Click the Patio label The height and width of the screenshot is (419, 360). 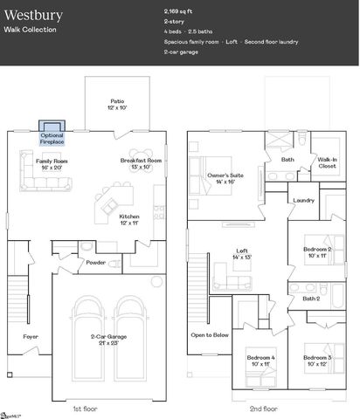[117, 105]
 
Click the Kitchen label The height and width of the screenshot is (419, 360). [129, 219]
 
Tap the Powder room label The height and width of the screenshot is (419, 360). [96, 261]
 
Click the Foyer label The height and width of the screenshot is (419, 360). [31, 335]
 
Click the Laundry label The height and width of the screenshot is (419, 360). [303, 200]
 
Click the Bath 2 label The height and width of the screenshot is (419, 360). [312, 299]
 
